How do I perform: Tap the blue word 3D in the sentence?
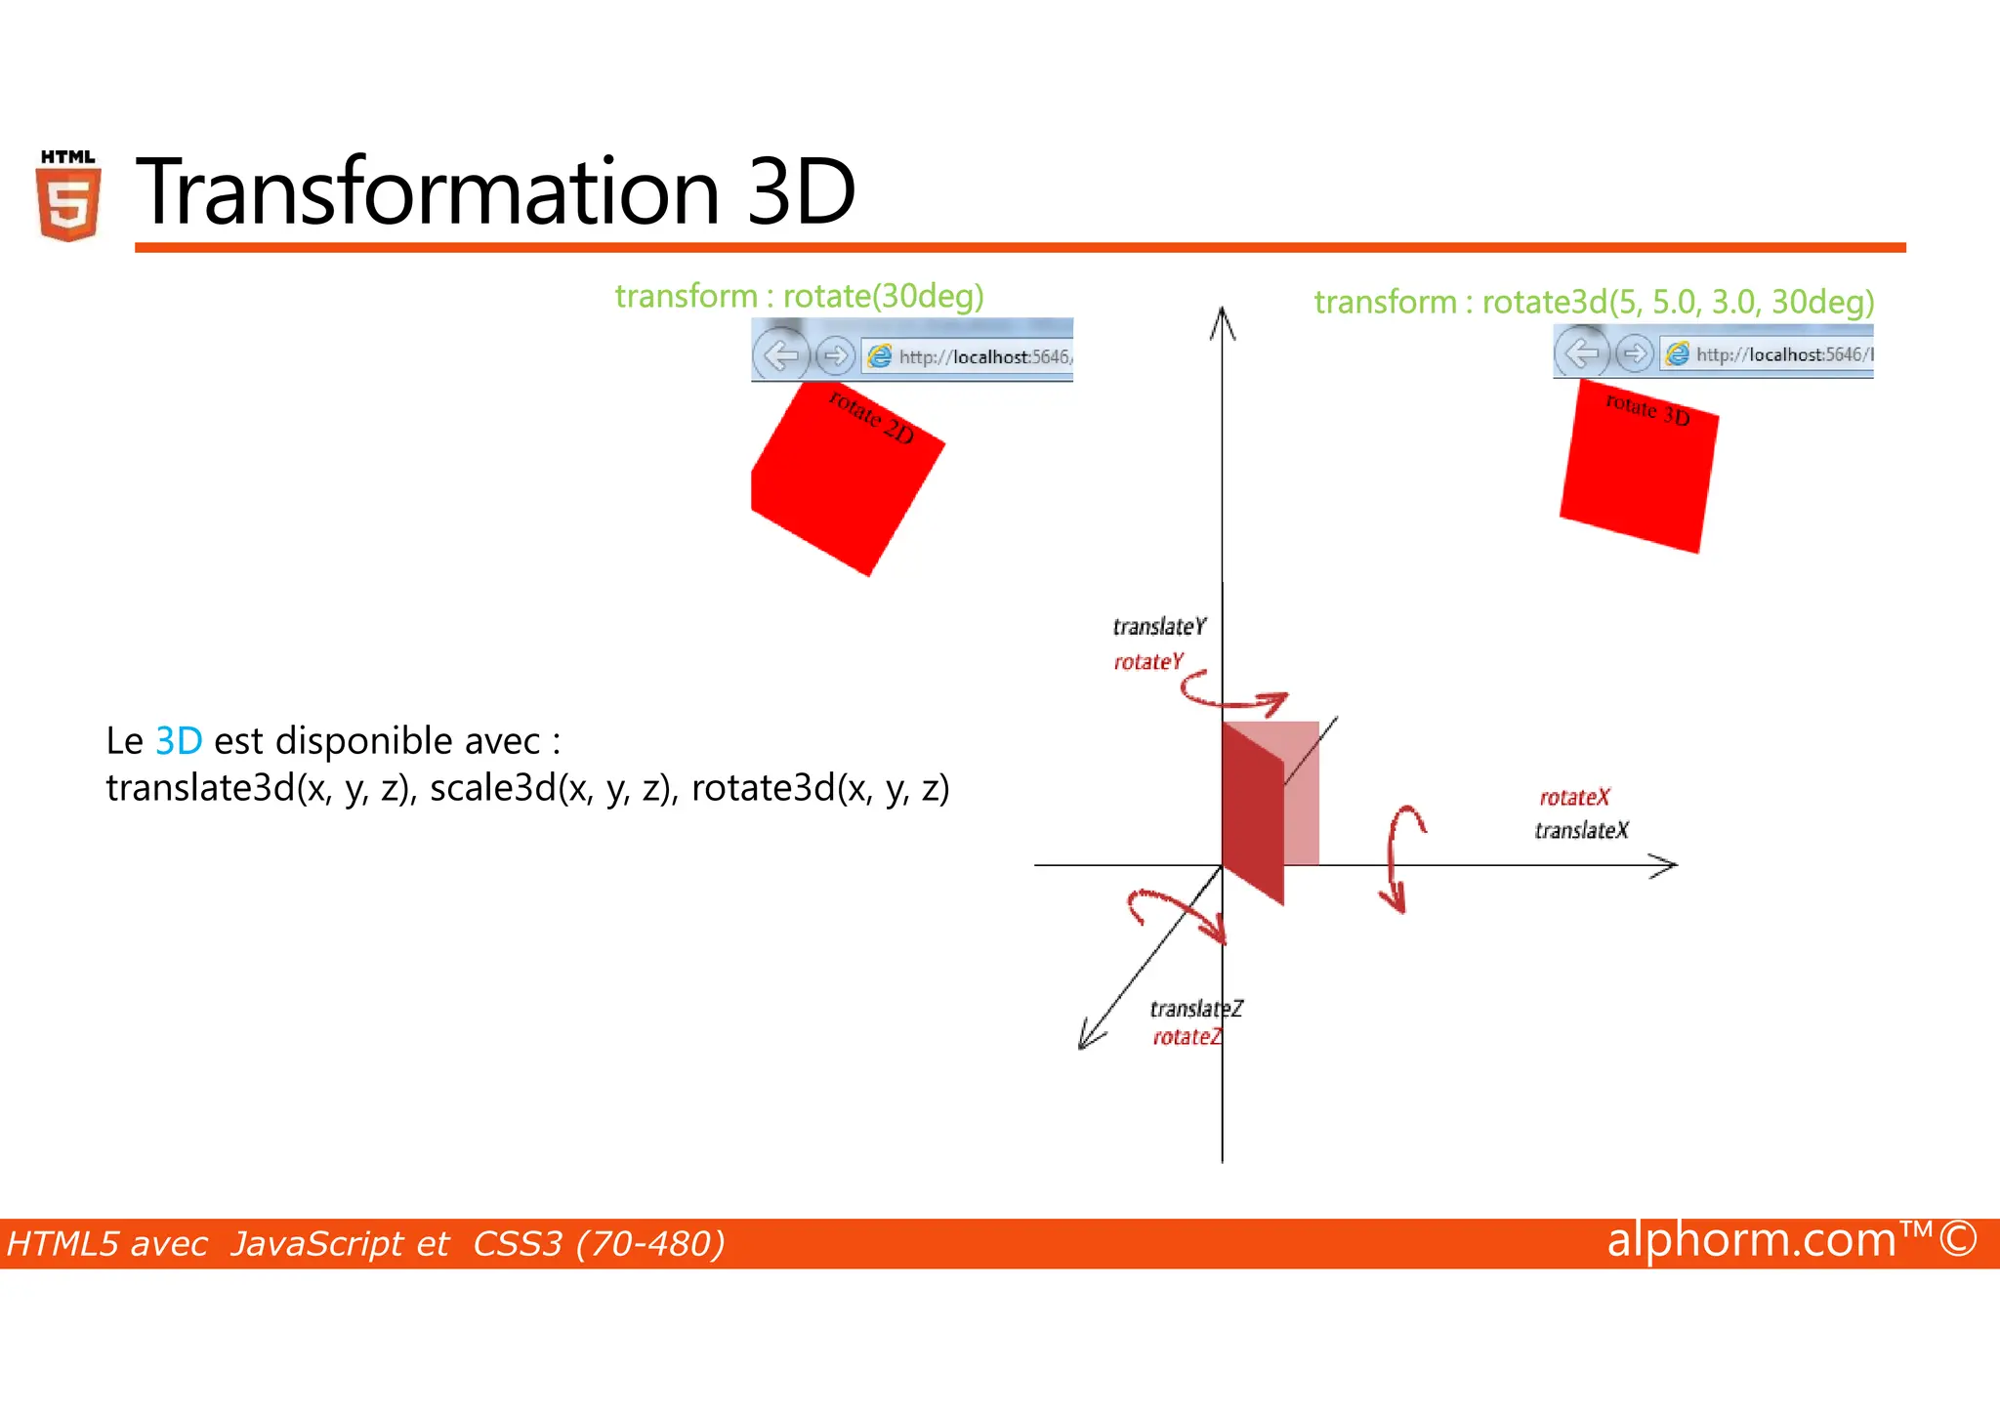(x=179, y=741)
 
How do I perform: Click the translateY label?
(x=1159, y=627)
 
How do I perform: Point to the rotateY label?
(x=1147, y=662)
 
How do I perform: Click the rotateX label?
(x=1574, y=798)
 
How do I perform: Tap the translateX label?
(x=1581, y=831)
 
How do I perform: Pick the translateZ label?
(x=1195, y=1009)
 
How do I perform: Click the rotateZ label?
(x=1187, y=1037)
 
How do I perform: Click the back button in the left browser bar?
(x=780, y=355)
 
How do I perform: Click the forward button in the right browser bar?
(x=1634, y=353)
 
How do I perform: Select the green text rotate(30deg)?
(x=883, y=296)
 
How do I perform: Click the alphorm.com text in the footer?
(x=1751, y=1240)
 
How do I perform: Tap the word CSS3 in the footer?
(x=518, y=1244)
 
